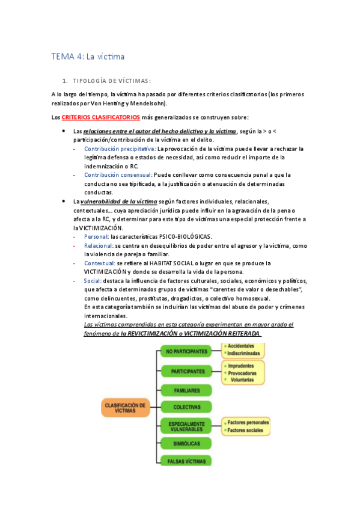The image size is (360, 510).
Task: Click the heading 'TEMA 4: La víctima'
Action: point(88,57)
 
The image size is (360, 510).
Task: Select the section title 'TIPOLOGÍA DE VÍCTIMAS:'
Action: point(111,81)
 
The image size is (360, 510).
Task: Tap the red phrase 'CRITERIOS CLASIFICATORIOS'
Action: point(101,117)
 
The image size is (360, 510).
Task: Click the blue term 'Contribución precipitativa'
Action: point(120,148)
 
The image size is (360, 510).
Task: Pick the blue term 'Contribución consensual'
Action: point(118,174)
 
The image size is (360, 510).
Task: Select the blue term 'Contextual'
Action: point(99,263)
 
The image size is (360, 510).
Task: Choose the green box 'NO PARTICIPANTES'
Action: point(186,351)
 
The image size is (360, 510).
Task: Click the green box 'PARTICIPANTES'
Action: point(186,371)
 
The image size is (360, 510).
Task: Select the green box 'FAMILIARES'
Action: point(186,390)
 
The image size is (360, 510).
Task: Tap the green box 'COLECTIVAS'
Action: point(186,407)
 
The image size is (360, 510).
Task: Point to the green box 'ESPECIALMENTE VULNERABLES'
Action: point(186,426)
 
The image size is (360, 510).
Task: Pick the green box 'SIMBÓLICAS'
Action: point(186,444)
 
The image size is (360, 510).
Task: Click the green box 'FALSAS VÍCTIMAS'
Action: point(186,461)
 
